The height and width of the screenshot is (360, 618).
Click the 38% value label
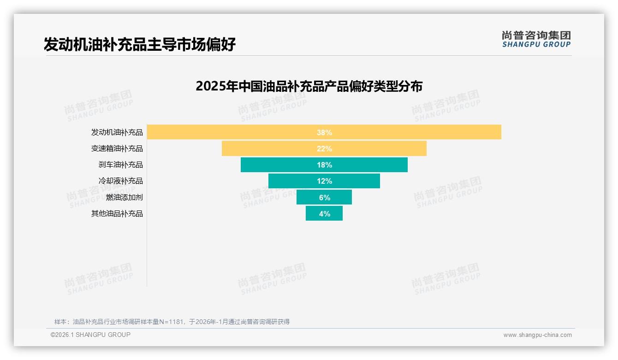(x=324, y=132)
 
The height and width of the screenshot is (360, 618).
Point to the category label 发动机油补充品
(x=117, y=132)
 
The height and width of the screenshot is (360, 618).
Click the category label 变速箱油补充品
(x=117, y=149)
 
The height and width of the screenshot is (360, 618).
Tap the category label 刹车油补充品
(x=121, y=165)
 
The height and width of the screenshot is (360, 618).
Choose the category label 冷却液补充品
(x=121, y=181)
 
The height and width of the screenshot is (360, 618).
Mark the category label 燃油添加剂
(x=125, y=198)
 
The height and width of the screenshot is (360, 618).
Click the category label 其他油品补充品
(x=117, y=214)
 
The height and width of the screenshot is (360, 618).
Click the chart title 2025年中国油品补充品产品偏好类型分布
(x=309, y=86)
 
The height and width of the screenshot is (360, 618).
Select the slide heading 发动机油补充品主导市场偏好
(x=140, y=44)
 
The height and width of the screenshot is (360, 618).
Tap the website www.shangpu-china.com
(x=537, y=335)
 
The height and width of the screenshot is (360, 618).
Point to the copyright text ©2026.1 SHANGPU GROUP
(x=90, y=335)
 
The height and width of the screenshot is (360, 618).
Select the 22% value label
(x=324, y=149)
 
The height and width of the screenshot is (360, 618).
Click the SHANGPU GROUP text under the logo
(x=536, y=45)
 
